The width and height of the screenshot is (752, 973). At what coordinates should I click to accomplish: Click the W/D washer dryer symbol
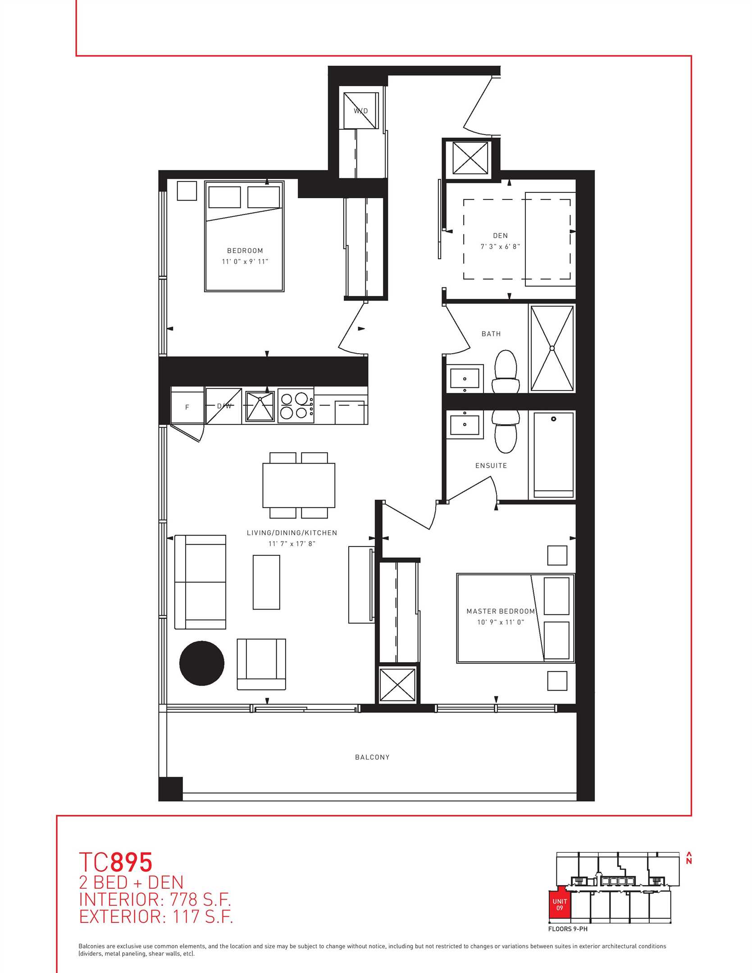point(360,111)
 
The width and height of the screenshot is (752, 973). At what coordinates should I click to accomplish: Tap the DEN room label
point(500,236)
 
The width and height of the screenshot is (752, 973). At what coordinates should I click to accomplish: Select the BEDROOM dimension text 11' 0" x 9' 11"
point(245,262)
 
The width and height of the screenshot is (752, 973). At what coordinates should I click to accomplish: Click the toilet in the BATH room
point(505,372)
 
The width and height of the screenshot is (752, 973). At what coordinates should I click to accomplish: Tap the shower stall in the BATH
point(552,348)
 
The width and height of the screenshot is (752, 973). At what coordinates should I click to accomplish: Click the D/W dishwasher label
point(224,406)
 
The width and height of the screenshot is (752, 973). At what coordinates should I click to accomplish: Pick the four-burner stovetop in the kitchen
point(296,406)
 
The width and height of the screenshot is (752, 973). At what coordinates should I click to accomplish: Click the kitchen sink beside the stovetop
point(260,406)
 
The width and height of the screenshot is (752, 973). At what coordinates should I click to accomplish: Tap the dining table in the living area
point(299,485)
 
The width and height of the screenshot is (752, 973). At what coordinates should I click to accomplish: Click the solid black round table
point(202,663)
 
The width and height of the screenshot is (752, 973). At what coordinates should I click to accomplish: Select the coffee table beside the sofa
point(266,582)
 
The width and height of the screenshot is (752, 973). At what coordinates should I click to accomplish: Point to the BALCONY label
point(372,757)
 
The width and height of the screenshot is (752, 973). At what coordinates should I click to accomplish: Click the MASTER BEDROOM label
point(501,611)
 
